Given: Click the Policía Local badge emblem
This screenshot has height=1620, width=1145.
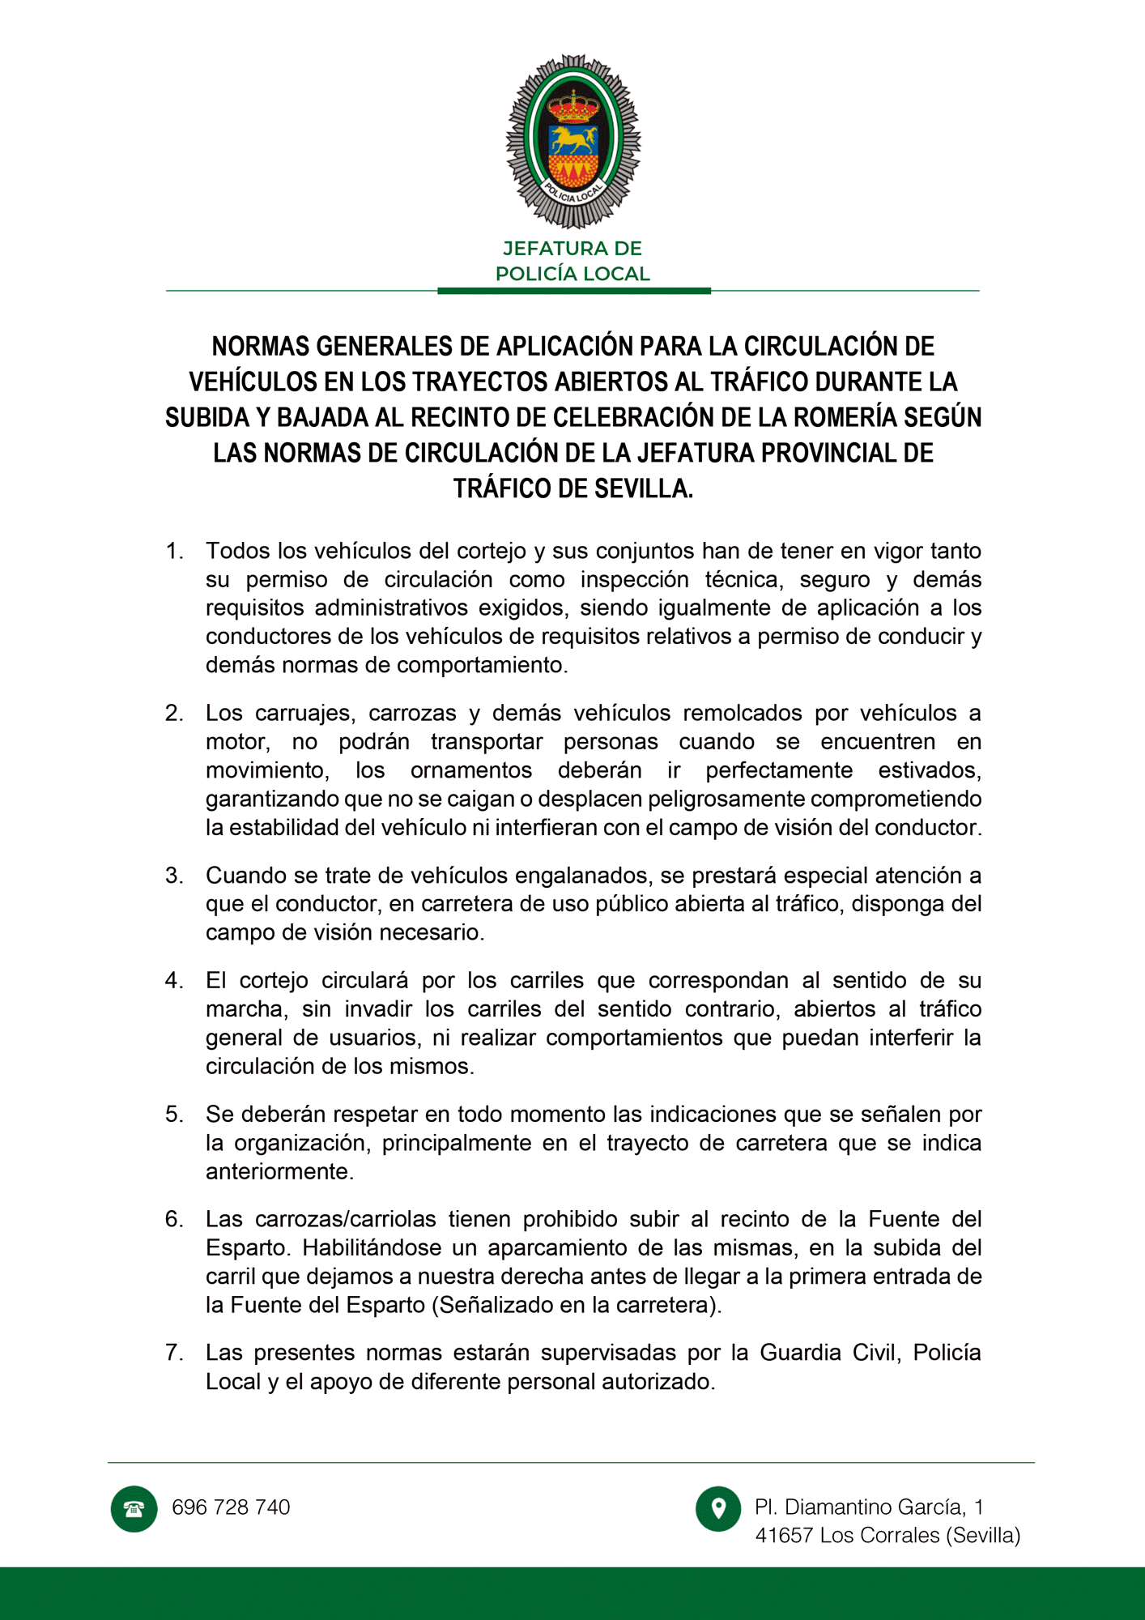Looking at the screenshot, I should click(573, 142).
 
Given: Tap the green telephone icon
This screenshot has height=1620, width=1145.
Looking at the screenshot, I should click(134, 1508).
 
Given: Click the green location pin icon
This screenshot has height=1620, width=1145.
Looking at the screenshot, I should click(718, 1508).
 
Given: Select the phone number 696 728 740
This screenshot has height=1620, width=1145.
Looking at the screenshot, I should click(231, 1507).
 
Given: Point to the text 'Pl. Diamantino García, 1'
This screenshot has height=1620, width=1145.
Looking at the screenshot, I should click(869, 1507).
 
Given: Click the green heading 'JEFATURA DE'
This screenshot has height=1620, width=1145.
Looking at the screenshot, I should click(572, 249).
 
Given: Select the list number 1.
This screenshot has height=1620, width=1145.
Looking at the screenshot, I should click(174, 552).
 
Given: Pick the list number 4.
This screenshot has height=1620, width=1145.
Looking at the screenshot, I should click(174, 981).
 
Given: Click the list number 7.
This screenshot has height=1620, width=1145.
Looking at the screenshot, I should click(174, 1353).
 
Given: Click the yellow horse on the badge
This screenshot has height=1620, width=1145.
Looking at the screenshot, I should click(573, 139).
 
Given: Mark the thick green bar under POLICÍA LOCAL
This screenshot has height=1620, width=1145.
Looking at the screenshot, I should click(573, 291).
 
